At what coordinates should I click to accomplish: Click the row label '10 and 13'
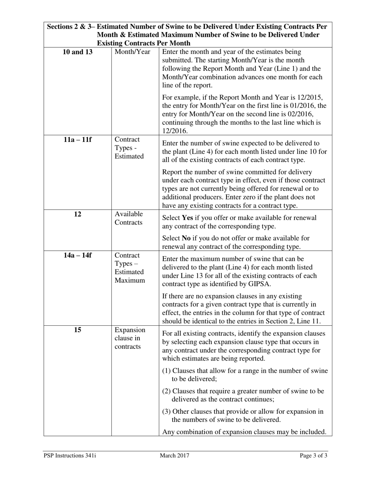[x=77, y=52]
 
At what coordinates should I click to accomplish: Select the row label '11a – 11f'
[x=77, y=140]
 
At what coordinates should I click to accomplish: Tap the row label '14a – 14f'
[x=77, y=255]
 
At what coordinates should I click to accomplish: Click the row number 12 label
[x=77, y=214]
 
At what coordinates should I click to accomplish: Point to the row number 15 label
[x=77, y=330]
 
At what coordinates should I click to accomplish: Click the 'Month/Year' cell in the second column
[x=132, y=52]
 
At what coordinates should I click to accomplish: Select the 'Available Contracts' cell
[x=129, y=218]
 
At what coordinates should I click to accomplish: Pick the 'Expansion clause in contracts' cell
[x=130, y=338]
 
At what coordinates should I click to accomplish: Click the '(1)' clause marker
[x=166, y=371]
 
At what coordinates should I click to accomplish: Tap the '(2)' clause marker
[x=166, y=391]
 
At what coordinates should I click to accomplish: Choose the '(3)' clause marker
[x=166, y=411]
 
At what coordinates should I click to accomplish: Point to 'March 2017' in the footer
[x=175, y=456]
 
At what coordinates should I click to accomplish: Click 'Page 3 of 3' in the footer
[x=313, y=456]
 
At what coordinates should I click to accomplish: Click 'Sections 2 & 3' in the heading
[x=68, y=27]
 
